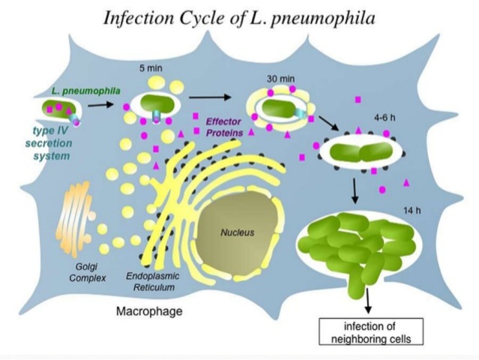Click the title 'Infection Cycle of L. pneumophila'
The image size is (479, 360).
coord(239,17)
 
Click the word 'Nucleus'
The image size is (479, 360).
coord(237,232)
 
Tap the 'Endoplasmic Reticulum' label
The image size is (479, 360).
coord(151,282)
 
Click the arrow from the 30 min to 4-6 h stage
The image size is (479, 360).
coord(328,124)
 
